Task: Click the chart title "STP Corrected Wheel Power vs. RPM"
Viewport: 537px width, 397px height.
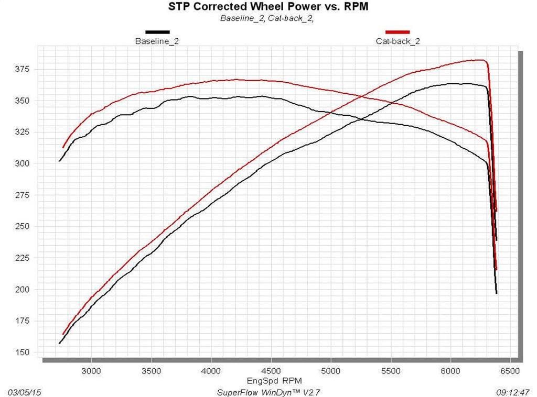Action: [268, 7]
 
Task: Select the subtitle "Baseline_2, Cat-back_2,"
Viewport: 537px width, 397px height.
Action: [268, 18]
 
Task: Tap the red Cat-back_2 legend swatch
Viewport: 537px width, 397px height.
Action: [398, 32]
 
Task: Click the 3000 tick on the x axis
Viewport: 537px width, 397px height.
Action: [91, 370]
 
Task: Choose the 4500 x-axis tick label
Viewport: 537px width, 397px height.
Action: [271, 370]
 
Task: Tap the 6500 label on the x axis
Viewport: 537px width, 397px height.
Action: [510, 370]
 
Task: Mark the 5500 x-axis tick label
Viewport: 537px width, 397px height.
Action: [390, 370]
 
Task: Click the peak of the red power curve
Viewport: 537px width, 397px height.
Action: [480, 60]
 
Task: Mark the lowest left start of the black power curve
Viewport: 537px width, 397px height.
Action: [60, 344]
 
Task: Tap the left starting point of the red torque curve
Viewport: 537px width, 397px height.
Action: [63, 147]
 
